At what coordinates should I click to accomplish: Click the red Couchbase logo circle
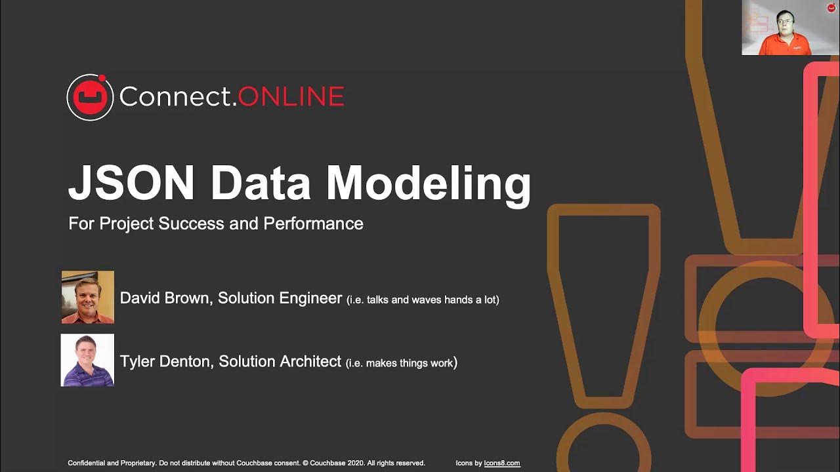coord(90,98)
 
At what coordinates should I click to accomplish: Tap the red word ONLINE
coord(291,96)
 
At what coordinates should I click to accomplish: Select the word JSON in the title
coord(131,184)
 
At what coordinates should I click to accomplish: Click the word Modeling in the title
coord(429,186)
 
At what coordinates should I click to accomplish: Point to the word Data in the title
coord(261,184)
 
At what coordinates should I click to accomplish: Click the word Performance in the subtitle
coord(313,224)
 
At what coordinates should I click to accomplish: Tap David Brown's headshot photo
coord(88,297)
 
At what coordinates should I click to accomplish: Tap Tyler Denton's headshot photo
coord(87,360)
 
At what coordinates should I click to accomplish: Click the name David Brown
coord(165,298)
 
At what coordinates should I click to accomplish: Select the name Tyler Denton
coord(165,361)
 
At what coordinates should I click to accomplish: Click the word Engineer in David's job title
coord(310,299)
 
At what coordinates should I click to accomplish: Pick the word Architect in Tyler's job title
coord(310,361)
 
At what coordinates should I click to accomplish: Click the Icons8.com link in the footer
coord(502,463)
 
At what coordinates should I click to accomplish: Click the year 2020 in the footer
coord(357,463)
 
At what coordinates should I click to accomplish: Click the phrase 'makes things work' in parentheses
coord(409,363)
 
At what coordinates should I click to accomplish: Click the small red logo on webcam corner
coord(831,7)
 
